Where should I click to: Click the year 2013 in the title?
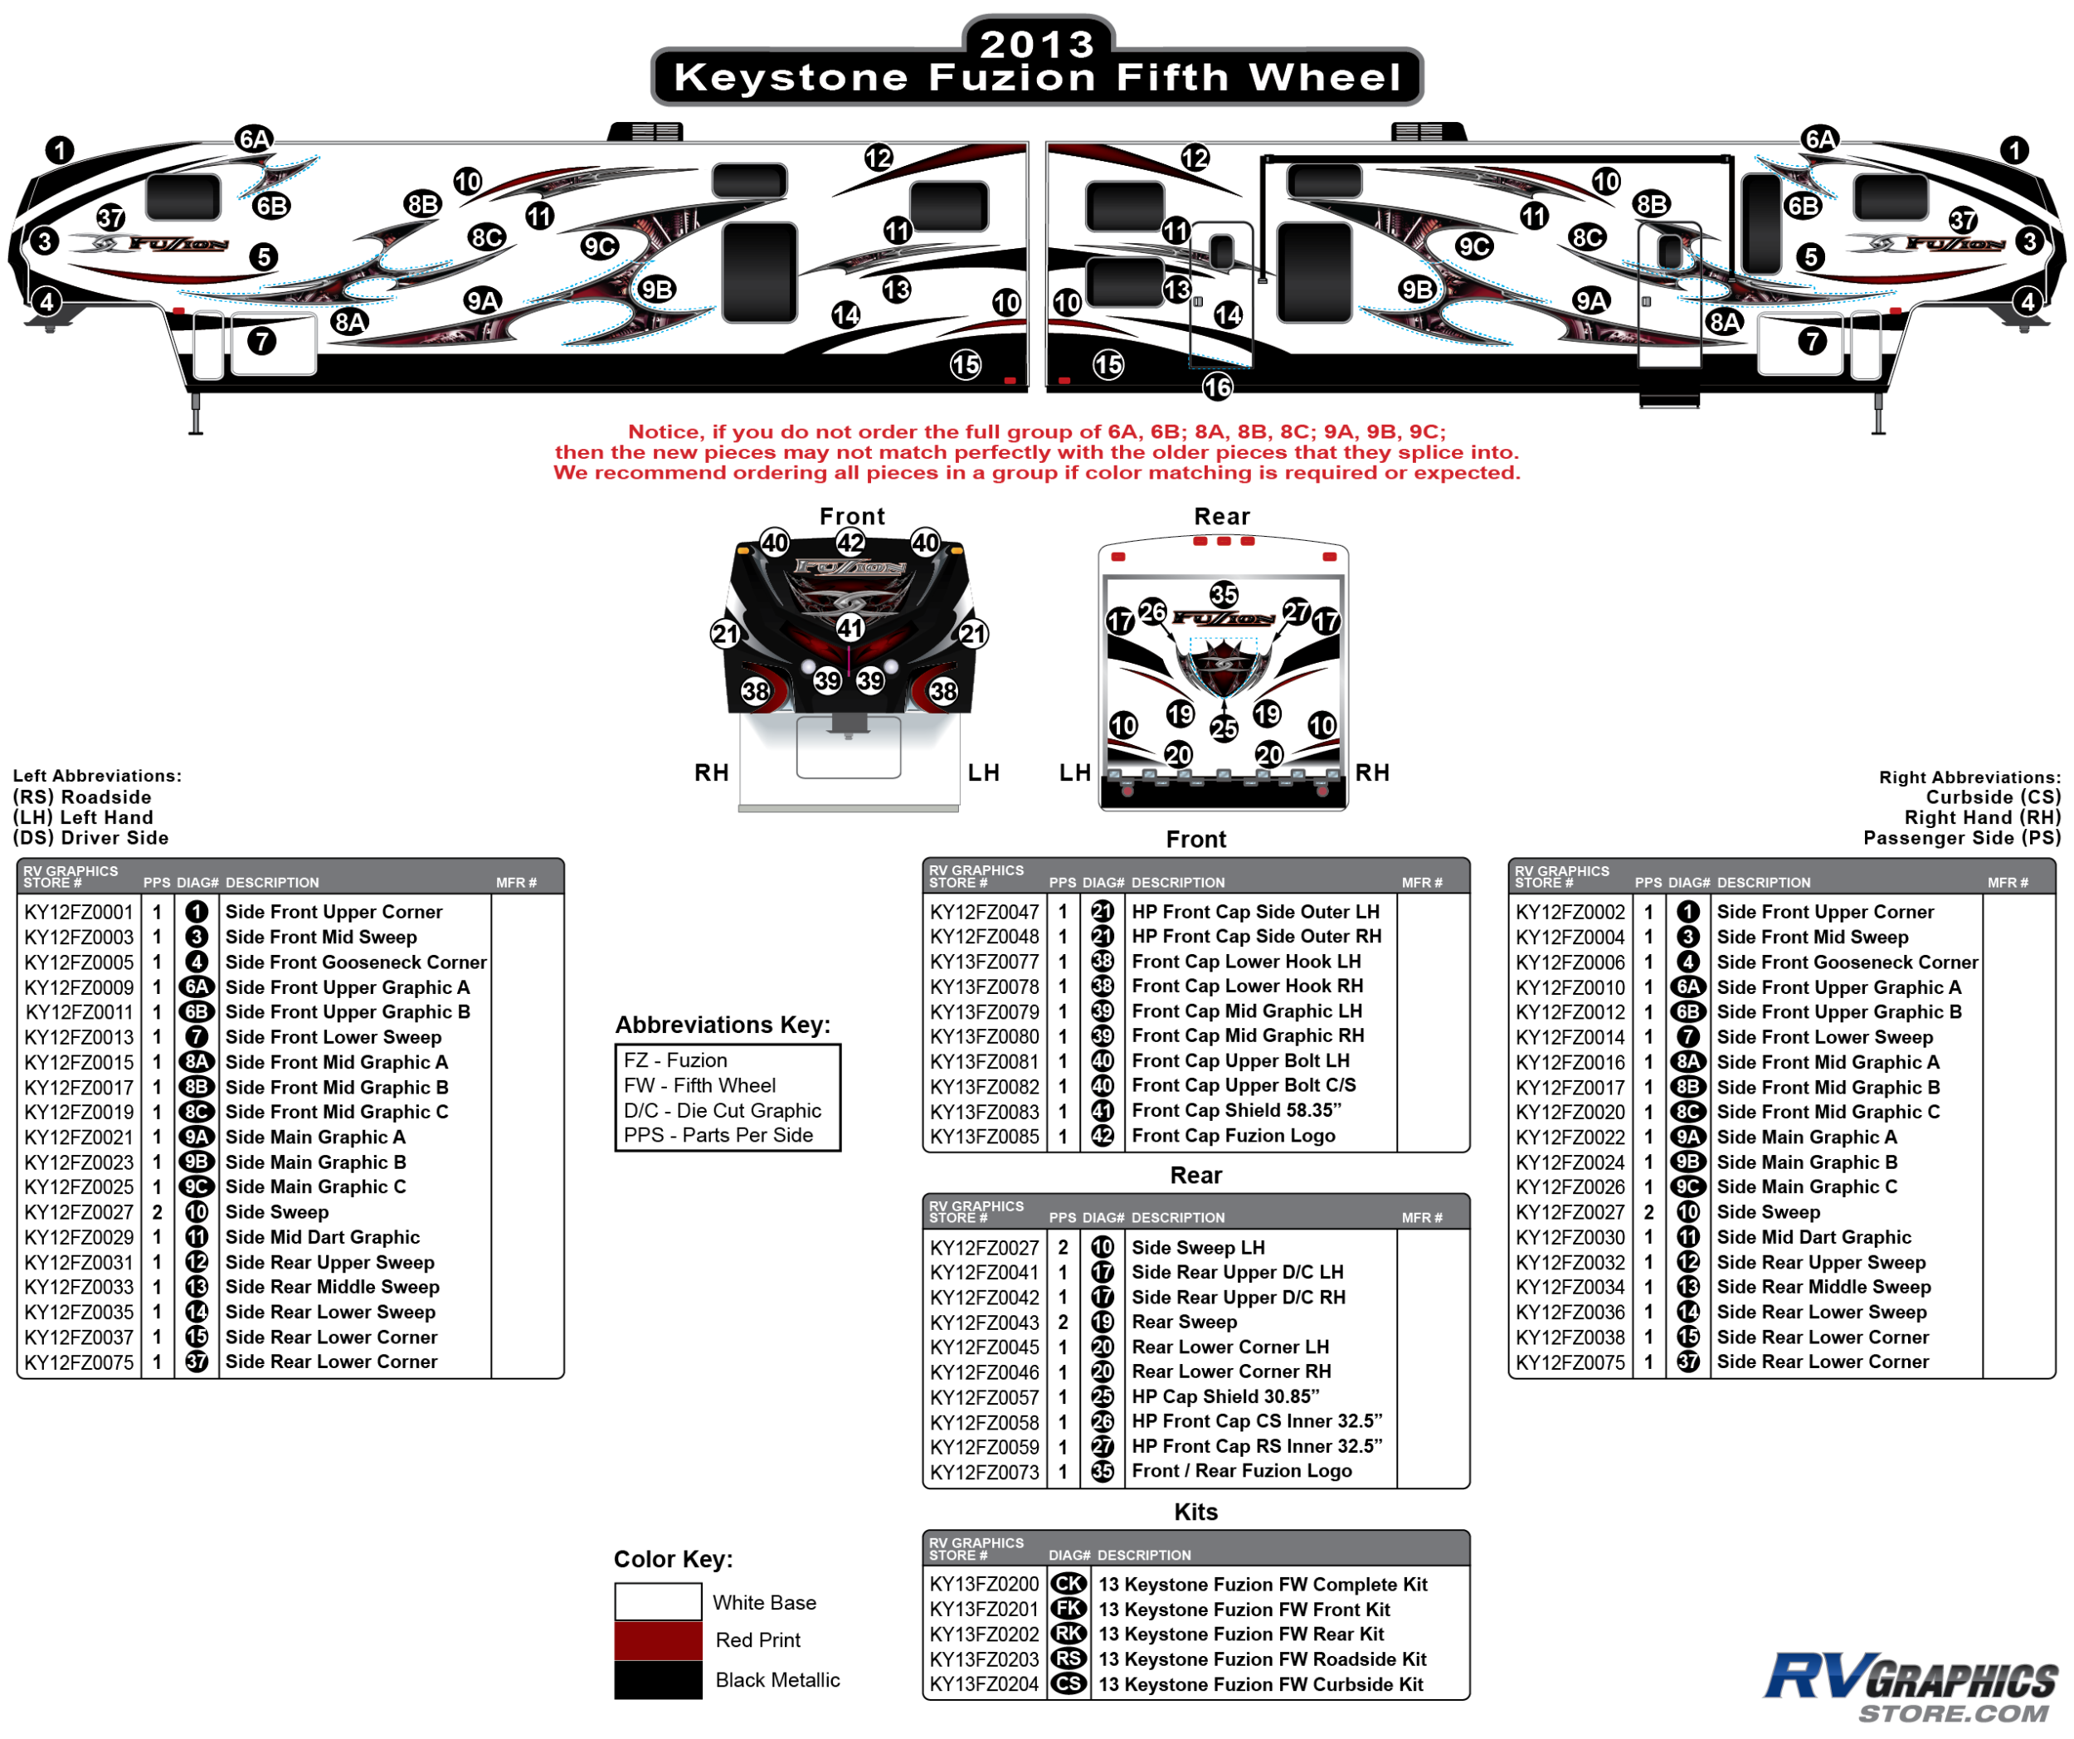click(1037, 43)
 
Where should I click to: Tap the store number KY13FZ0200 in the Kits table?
click(984, 1584)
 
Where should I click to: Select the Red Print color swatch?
click(658, 1640)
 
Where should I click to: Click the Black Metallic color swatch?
click(658, 1680)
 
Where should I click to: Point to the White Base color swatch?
click(658, 1602)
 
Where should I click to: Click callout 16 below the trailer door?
click(1217, 387)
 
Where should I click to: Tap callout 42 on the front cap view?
click(850, 542)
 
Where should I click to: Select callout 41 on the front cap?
click(850, 628)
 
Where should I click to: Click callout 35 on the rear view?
click(1224, 593)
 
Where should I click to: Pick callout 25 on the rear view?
click(1224, 728)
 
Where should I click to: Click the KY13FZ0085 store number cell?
click(984, 1136)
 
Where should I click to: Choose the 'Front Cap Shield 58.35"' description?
click(1235, 1110)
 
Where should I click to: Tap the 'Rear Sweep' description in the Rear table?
click(1184, 1322)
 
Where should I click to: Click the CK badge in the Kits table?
click(1069, 1584)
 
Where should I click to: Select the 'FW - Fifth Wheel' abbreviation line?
click(699, 1085)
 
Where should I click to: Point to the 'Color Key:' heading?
click(673, 1558)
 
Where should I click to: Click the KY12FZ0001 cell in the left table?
click(79, 912)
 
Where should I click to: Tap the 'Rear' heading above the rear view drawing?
click(1222, 516)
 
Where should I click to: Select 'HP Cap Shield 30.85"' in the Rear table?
click(1224, 1396)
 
